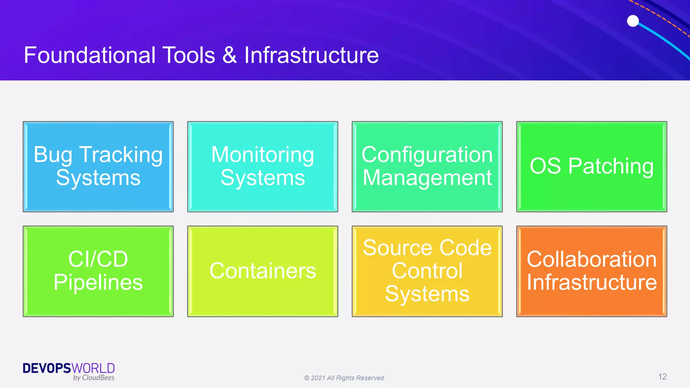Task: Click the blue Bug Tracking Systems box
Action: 98,167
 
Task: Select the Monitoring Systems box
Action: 262,167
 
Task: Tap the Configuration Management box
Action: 427,167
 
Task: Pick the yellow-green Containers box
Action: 262,271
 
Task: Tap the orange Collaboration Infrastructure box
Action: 592,271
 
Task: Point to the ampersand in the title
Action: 229,55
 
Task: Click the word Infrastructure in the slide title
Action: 311,55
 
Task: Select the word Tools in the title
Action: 189,55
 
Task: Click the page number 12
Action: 662,377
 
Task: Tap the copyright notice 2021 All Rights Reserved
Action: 345,378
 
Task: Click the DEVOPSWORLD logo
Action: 69,368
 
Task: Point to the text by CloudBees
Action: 94,378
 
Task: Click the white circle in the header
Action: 633,21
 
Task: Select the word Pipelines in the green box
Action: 98,282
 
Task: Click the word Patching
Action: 610,166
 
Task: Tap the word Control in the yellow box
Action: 427,271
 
